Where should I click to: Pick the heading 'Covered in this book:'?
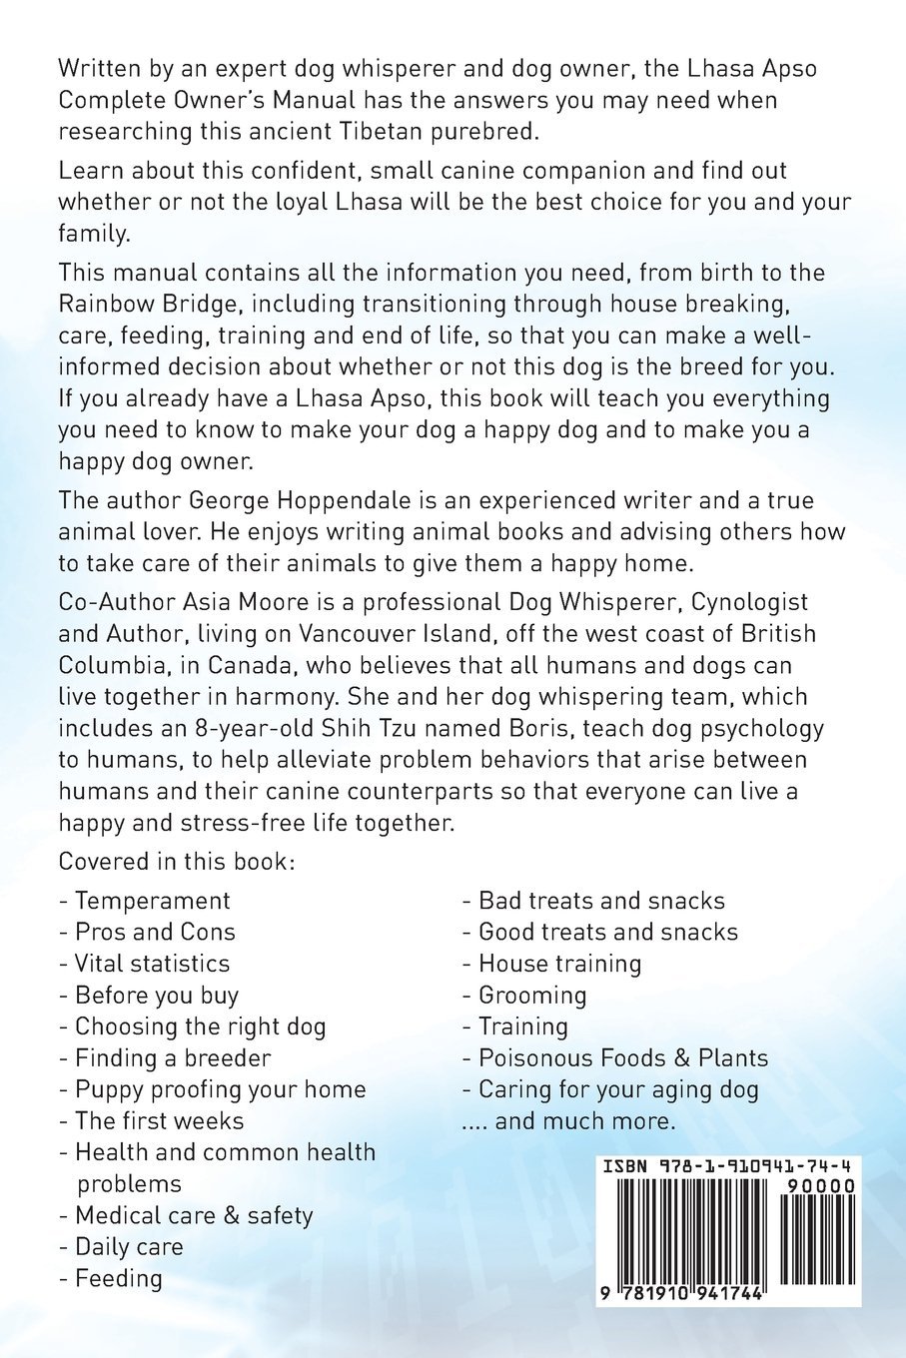coord(177,861)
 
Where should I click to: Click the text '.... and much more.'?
coord(568,1120)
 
